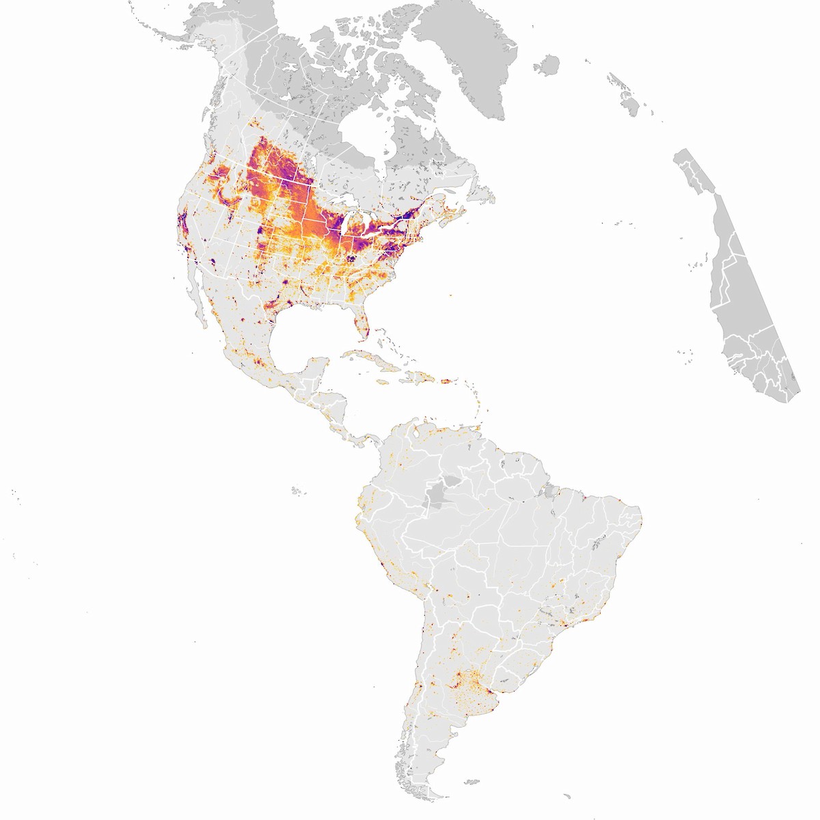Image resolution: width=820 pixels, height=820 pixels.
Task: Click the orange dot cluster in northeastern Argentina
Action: [468, 680]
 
